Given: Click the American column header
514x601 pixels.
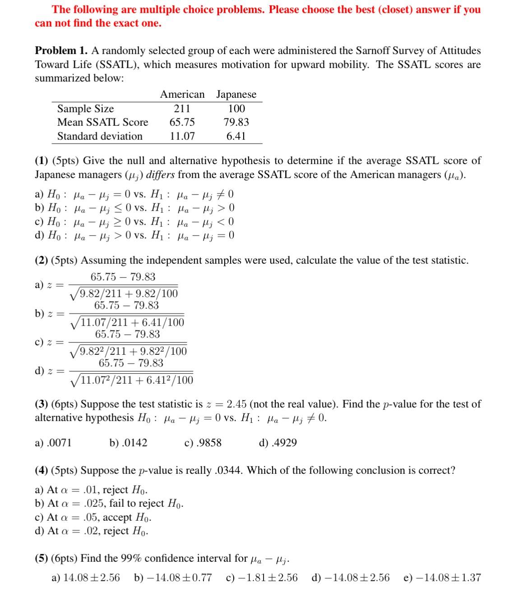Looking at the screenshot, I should coord(182,95).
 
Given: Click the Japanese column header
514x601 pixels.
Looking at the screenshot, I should coord(236,95).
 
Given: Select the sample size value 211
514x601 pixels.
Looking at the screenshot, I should coord(182,109).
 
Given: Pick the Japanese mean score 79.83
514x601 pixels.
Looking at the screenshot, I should coord(236,122).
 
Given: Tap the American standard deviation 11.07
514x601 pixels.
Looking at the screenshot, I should coord(182,136).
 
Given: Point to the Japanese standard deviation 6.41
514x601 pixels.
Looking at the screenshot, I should coord(236,136).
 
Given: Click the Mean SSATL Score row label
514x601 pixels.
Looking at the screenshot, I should coord(102,122).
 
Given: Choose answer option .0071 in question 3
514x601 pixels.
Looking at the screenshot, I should coord(59,443).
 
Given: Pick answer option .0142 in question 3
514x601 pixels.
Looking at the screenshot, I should coord(134,443).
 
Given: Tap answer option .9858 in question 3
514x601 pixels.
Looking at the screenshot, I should coord(209,443).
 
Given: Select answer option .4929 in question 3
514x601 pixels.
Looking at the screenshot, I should coord(284,443).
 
